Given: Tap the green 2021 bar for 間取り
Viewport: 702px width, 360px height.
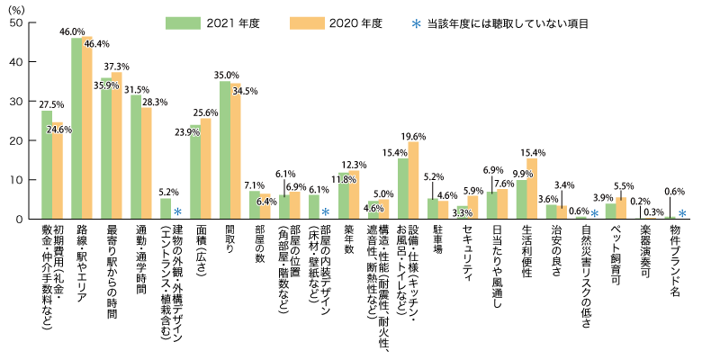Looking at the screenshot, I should tap(225, 149).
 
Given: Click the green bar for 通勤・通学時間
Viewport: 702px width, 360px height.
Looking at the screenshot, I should tap(136, 157).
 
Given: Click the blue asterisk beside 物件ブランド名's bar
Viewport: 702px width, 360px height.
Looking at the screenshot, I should tap(683, 213).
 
